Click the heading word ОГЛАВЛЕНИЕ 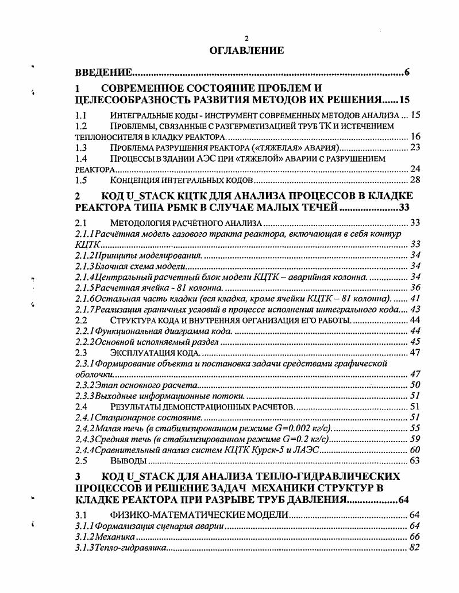tap(247, 51)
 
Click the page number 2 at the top tap(246, 38)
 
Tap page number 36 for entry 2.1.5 tap(415, 287)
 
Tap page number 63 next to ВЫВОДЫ tap(415, 461)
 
